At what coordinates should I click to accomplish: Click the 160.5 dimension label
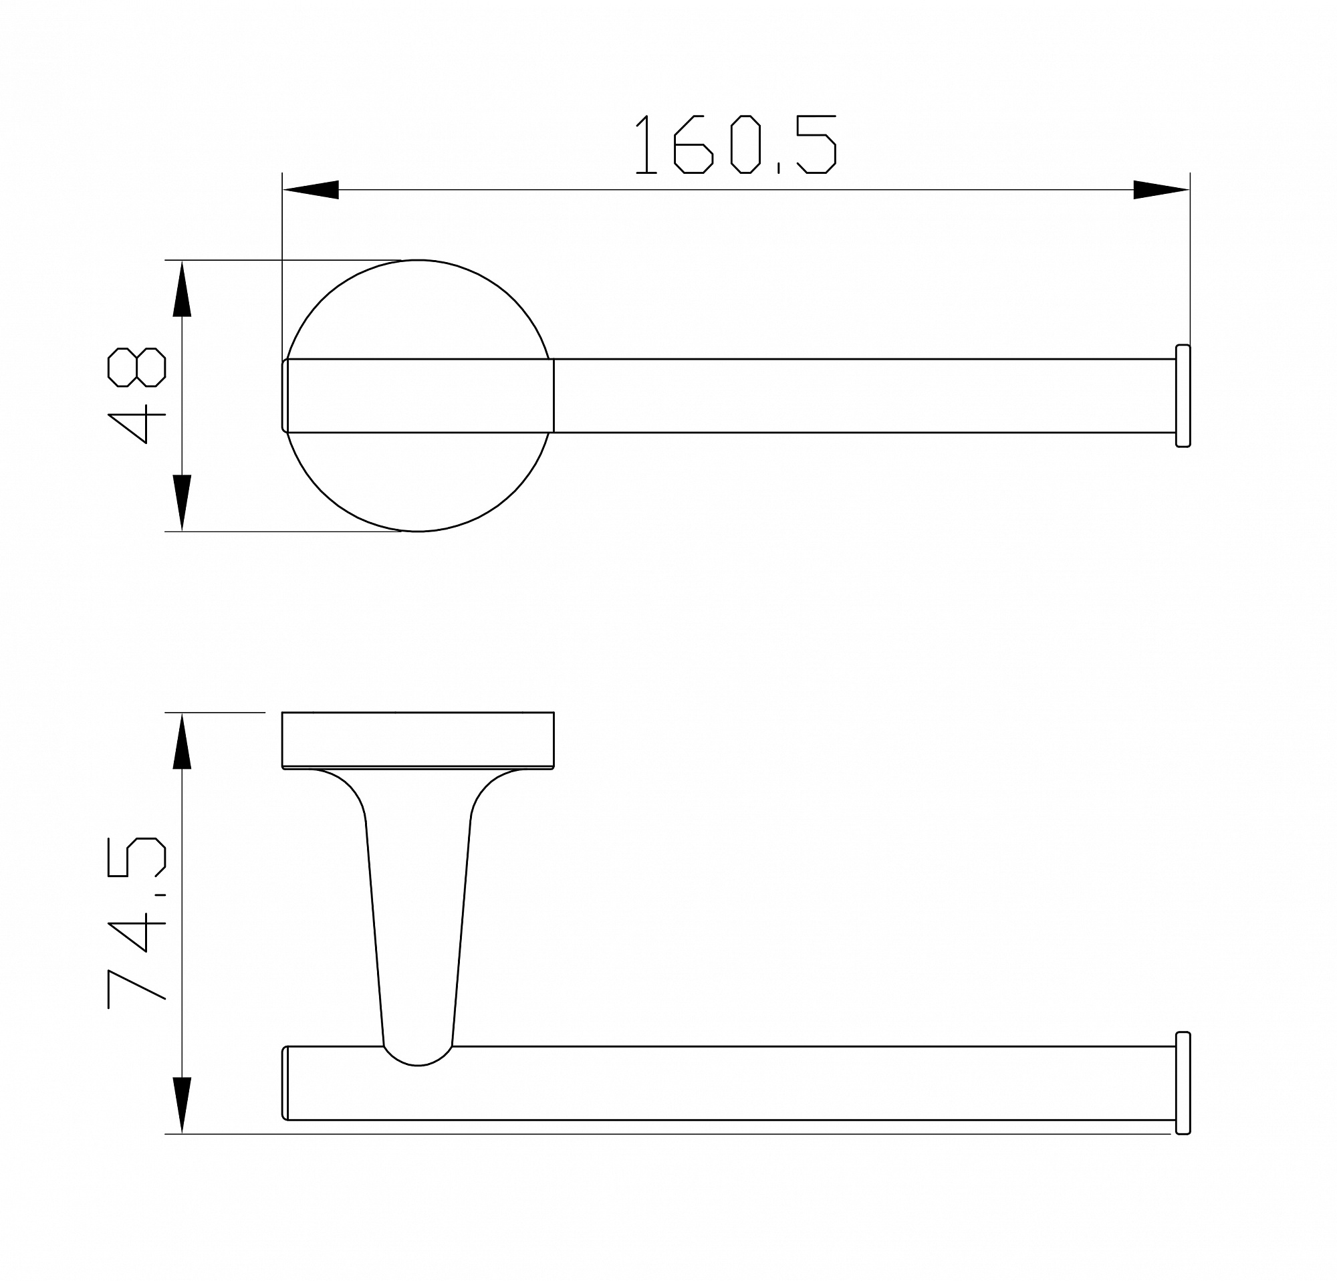point(735,144)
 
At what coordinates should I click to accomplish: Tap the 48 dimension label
point(136,395)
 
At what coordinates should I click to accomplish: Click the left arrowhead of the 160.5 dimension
point(310,190)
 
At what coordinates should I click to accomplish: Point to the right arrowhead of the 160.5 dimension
point(1161,190)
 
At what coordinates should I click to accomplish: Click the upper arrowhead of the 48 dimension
point(181,289)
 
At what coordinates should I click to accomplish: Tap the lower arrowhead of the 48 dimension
point(181,503)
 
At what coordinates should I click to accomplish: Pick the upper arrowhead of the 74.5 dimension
point(181,741)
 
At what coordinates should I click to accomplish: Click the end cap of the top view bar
point(1183,396)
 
